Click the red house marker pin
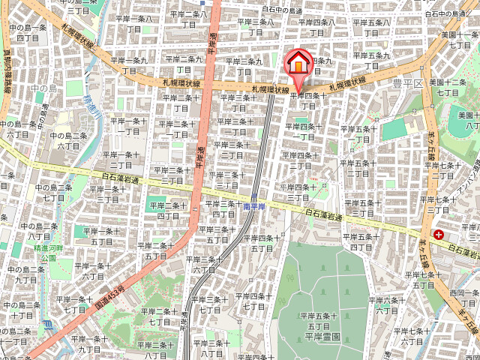click(x=298, y=63)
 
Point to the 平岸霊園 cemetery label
click(x=322, y=337)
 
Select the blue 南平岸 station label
click(x=255, y=204)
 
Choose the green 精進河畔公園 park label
click(x=48, y=250)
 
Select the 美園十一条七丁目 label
click(x=454, y=40)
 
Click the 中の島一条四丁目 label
click(x=28, y=32)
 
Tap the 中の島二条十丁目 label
click(x=16, y=310)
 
